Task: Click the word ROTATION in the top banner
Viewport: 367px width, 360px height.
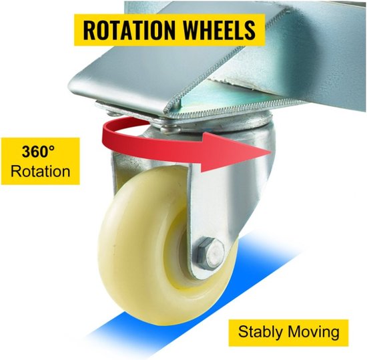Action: (x=129, y=30)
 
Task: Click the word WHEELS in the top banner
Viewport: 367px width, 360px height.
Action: (x=219, y=30)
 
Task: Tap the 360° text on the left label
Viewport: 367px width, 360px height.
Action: (x=38, y=152)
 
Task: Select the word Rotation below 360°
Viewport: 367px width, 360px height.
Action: (x=40, y=171)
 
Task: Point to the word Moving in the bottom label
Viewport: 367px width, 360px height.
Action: (x=314, y=333)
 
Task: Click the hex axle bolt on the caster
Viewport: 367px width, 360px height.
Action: (x=210, y=254)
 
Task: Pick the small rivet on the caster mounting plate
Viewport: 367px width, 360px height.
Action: (x=171, y=129)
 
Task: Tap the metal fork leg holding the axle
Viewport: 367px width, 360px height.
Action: (x=206, y=211)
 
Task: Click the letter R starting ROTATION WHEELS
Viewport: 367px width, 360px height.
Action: (x=89, y=30)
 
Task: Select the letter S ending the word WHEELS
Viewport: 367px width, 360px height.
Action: (x=249, y=30)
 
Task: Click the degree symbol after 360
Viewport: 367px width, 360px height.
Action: (x=51, y=148)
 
